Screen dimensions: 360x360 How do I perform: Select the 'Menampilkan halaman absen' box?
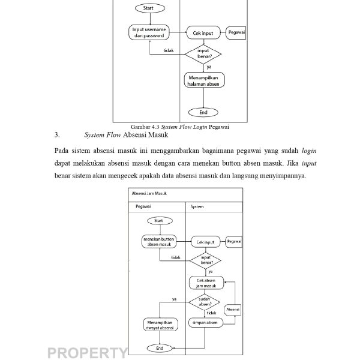[203, 80]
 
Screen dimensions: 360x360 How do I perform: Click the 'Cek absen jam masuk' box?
[206, 283]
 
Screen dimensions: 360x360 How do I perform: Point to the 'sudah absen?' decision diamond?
[205, 301]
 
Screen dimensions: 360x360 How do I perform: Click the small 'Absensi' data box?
[233, 309]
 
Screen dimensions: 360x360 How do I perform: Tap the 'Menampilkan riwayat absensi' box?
[160, 325]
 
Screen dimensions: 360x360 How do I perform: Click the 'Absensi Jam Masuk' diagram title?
[149, 194]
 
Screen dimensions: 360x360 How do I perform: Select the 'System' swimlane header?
[197, 207]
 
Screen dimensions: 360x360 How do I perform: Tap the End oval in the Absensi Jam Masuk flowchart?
[160, 348]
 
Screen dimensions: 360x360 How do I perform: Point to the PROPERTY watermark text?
[87, 352]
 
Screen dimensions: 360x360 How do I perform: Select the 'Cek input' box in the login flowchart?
[203, 34]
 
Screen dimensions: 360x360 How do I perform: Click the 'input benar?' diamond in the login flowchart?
[203, 54]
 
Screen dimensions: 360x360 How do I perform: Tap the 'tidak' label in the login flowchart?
[169, 50]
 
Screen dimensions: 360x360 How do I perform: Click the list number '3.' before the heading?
[57, 135]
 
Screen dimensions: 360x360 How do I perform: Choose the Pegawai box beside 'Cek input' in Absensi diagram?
[235, 241]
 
